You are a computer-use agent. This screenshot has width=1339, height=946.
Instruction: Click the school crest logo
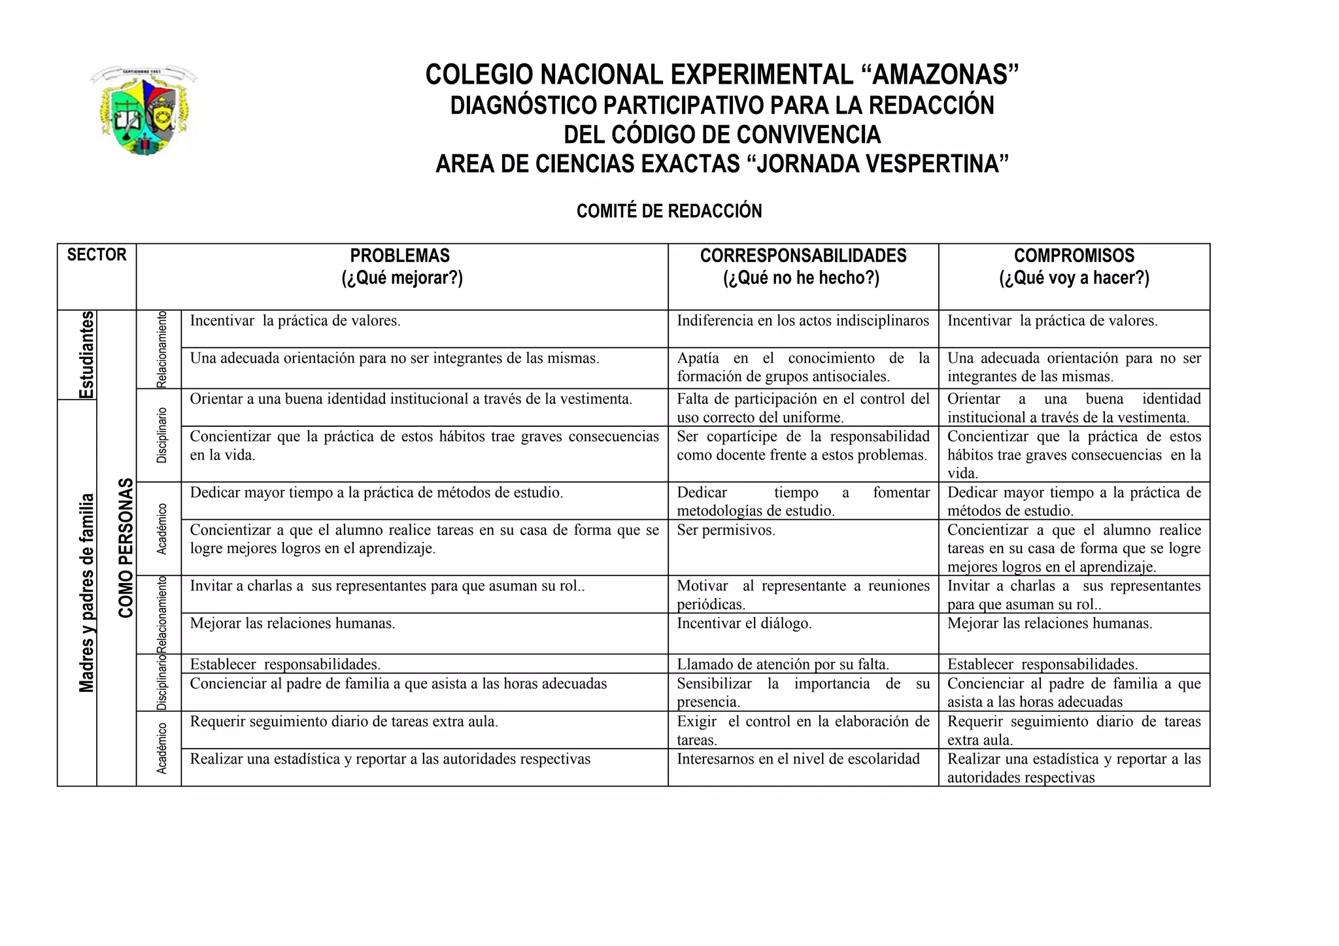coord(144,110)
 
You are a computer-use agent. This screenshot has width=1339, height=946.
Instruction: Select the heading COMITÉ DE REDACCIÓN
coord(669,211)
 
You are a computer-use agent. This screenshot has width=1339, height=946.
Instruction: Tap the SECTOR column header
coord(97,255)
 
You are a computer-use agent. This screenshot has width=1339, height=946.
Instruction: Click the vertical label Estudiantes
coord(87,354)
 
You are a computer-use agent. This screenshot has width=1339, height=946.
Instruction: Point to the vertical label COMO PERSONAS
coord(126,548)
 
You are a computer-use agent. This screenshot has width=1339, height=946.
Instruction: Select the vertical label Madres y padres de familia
coord(87,592)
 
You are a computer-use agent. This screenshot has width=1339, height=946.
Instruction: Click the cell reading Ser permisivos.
coord(726,530)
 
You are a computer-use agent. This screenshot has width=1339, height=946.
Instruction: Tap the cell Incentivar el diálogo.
coord(744,624)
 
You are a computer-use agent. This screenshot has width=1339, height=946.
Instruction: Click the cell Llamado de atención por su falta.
coord(783,665)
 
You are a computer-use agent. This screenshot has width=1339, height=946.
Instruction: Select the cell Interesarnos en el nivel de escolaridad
coord(798,759)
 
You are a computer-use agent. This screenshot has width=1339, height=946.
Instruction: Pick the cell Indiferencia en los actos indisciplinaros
coord(802,321)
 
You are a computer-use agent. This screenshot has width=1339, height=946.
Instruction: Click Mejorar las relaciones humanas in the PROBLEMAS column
coord(292,624)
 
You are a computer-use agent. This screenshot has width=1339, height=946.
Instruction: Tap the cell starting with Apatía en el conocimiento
coord(802,367)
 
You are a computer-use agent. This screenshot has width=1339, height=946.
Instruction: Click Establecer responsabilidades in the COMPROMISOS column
coord(1042,665)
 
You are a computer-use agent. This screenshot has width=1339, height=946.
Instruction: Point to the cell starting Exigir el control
coord(802,730)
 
